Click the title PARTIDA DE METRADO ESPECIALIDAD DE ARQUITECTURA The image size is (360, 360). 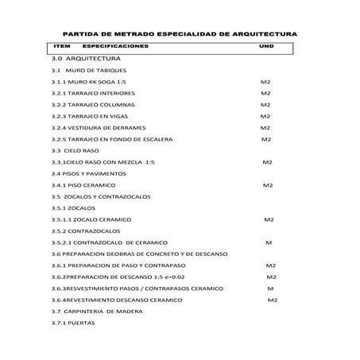coord(180,35)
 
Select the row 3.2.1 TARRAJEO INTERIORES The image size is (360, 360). coord(87,93)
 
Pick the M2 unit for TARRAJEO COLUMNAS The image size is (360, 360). coord(265,105)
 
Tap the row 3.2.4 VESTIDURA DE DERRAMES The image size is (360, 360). coord(92,127)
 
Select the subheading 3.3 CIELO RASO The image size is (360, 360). coord(75,150)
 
